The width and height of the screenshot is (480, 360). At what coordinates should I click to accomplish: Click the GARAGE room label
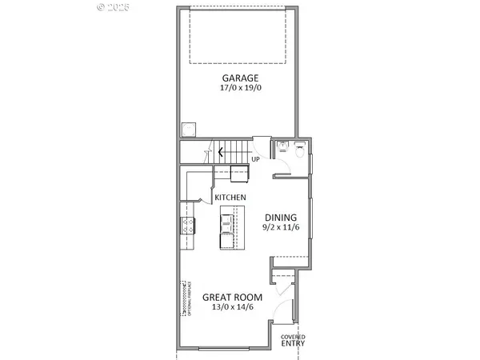[x=239, y=78]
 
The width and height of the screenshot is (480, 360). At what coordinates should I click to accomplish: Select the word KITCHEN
[x=229, y=197]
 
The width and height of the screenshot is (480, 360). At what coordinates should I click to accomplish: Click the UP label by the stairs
[x=256, y=159]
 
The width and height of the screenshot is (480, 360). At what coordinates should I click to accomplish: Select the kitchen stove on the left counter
[x=188, y=226]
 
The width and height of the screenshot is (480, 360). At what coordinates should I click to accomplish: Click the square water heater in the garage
[x=189, y=128]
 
